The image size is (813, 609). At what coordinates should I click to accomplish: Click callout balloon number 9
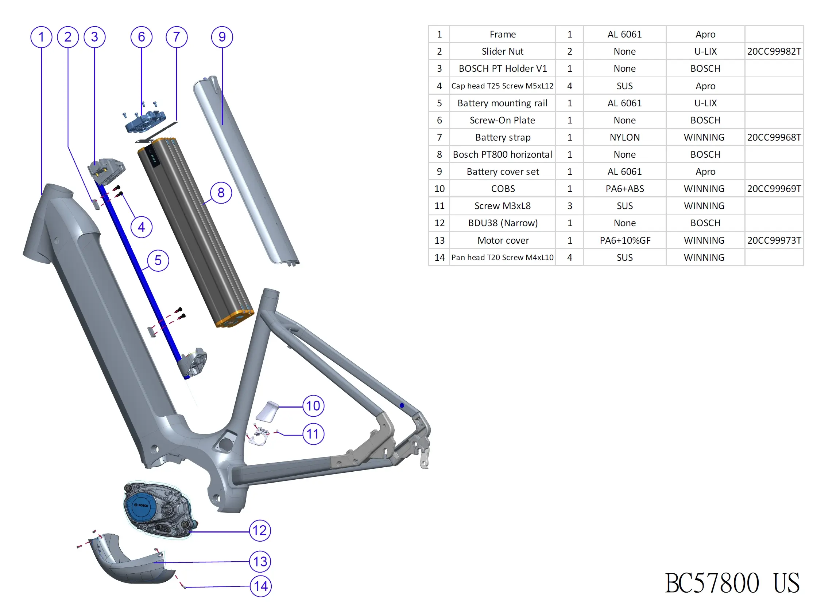(x=222, y=37)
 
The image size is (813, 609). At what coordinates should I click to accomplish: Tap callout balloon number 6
(x=142, y=37)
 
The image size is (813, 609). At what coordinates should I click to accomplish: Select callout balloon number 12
(x=260, y=530)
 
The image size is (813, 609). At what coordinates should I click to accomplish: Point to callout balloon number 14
(x=260, y=586)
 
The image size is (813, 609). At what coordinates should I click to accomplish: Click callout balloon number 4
(x=142, y=227)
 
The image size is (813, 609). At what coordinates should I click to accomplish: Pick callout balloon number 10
(x=313, y=406)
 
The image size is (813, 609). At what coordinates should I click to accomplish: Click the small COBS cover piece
(x=268, y=411)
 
